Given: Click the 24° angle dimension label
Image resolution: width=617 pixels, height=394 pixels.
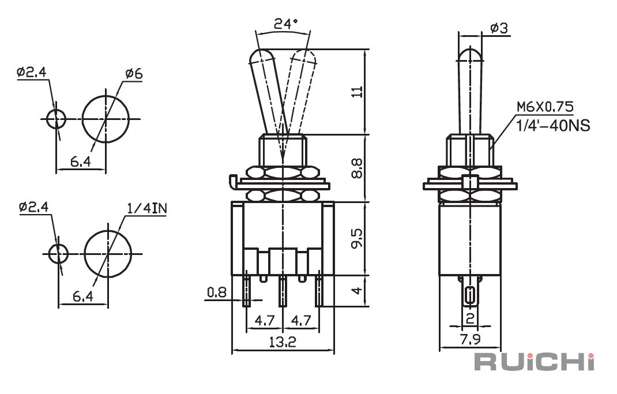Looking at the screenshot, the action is [x=286, y=24].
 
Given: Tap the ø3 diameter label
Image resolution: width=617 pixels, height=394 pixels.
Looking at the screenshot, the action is [x=499, y=28].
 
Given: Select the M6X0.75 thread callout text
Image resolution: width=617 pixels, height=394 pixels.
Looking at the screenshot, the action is [x=545, y=107].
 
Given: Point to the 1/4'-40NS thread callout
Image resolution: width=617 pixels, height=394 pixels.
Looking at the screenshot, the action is [x=553, y=126].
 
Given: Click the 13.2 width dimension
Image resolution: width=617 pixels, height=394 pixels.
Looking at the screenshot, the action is [x=283, y=342].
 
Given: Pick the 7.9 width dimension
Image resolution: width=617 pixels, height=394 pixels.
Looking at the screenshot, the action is [x=470, y=339].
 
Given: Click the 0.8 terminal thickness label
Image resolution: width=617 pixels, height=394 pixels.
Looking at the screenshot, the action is [x=217, y=292].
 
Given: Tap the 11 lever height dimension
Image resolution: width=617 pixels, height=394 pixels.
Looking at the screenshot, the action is [x=358, y=92].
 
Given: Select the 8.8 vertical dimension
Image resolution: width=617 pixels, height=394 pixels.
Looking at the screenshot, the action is [x=358, y=168].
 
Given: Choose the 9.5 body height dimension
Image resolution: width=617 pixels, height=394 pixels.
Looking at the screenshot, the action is [x=358, y=238].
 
